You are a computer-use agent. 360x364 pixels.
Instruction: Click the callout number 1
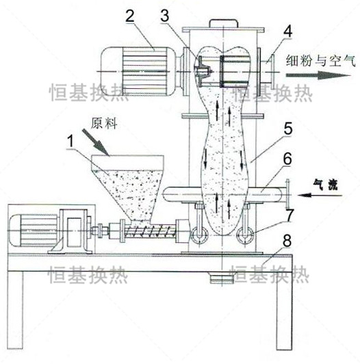click(70, 142)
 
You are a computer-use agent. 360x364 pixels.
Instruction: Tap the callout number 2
click(130, 16)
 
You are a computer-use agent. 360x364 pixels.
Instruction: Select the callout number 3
click(165, 16)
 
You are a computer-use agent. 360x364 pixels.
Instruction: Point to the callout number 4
click(287, 31)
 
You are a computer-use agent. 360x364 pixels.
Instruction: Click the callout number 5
click(288, 129)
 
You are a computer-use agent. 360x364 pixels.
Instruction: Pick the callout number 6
click(287, 159)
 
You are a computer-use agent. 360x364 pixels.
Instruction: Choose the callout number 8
click(287, 241)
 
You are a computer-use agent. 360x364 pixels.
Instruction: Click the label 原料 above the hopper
click(104, 123)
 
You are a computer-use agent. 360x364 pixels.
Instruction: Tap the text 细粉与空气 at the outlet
click(320, 61)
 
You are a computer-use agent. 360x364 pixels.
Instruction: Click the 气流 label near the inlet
click(325, 185)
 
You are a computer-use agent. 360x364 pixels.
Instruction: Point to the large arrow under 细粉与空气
click(318, 75)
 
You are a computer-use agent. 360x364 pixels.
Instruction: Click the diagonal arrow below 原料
click(95, 142)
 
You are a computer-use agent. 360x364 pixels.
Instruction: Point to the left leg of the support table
click(15, 310)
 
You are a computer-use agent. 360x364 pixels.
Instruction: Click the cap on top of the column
click(224, 23)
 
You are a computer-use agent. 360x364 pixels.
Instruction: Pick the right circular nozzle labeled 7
click(245, 235)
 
